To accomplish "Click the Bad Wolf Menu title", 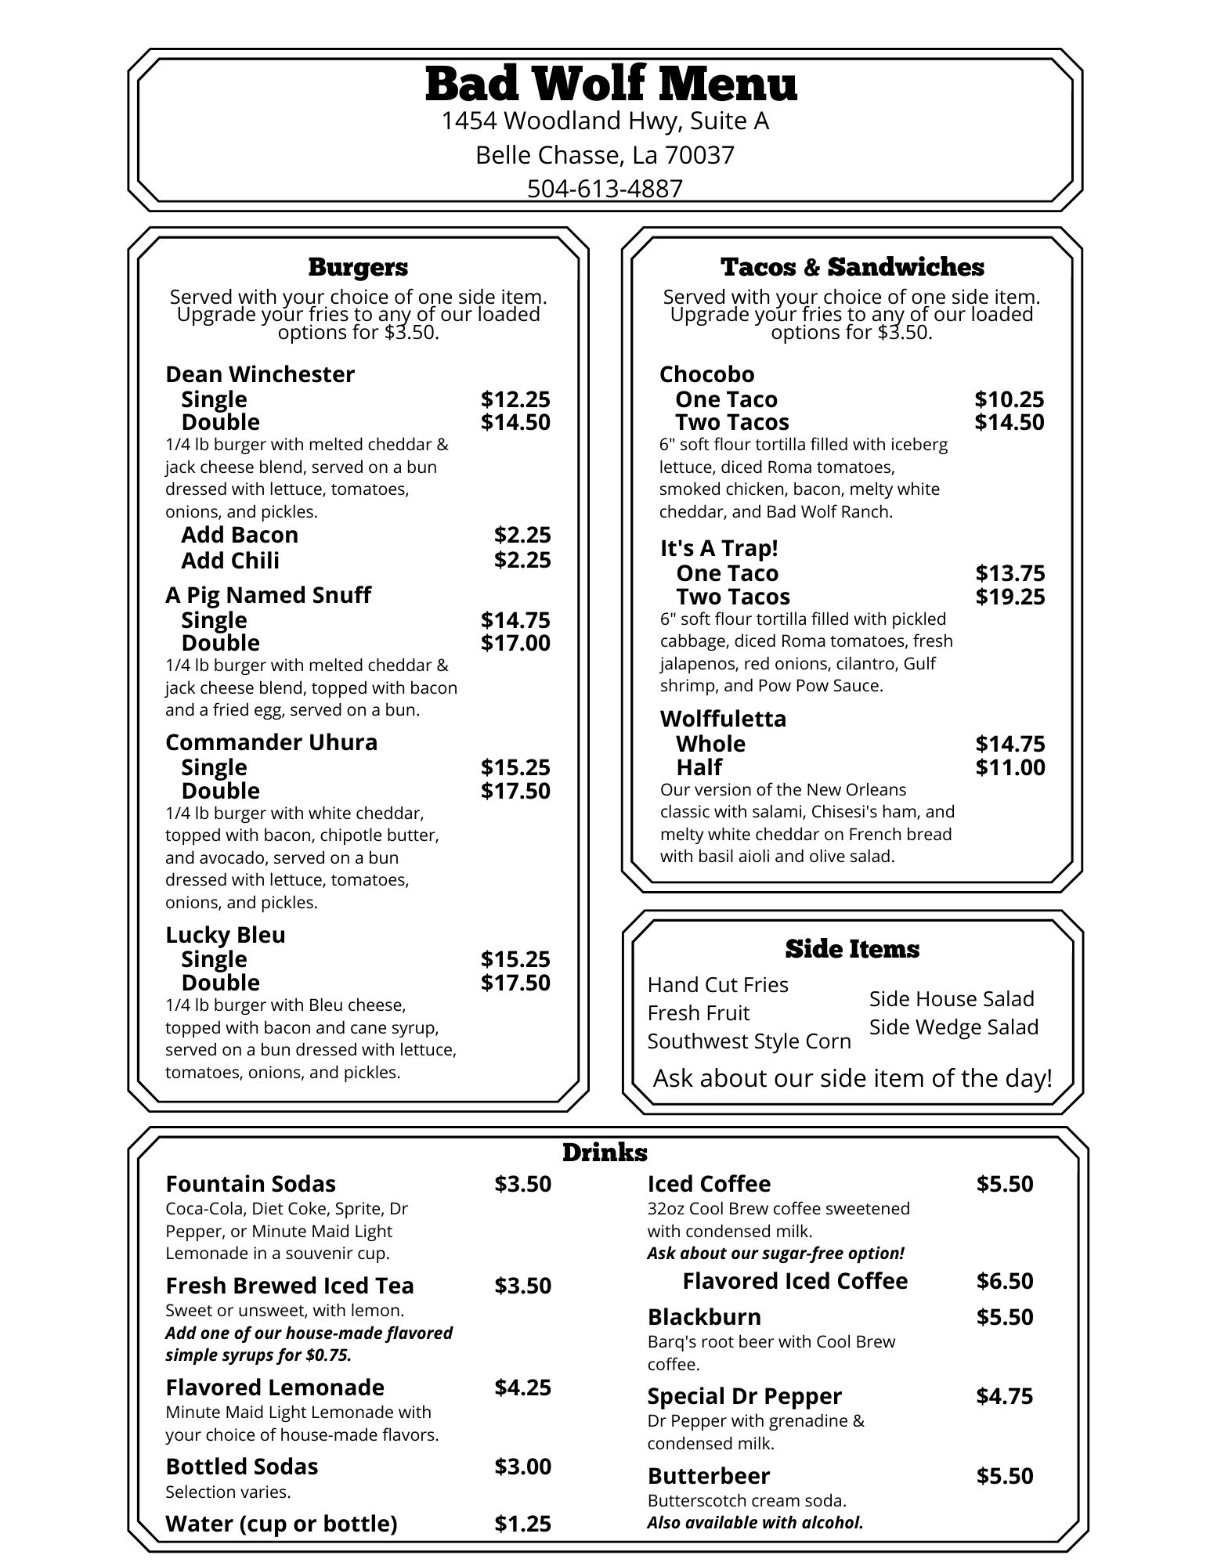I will [x=611, y=85].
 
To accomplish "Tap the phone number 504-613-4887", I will [x=605, y=189].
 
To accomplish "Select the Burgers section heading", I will [x=358, y=267].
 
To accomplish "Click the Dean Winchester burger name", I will [x=260, y=374].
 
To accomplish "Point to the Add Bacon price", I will [x=522, y=535].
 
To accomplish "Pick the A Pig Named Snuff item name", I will [x=268, y=595].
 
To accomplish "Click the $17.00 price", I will [x=515, y=643].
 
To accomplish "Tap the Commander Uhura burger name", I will [x=271, y=742].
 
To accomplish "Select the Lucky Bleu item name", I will [x=226, y=935].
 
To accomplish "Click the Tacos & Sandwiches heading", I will [x=852, y=267].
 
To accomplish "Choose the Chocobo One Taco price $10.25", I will [x=1010, y=399].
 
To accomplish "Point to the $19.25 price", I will [x=1010, y=597].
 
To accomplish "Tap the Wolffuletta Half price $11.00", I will [x=1010, y=767].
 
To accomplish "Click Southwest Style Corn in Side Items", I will [x=749, y=1041].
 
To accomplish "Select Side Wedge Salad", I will [x=954, y=1027].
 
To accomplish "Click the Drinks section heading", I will [x=605, y=1153].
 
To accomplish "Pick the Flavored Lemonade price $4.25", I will [x=522, y=1387].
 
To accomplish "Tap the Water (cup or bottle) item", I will [x=281, y=1524].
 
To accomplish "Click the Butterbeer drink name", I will [x=709, y=1476].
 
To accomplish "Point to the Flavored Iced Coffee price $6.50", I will [x=1005, y=1281].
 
